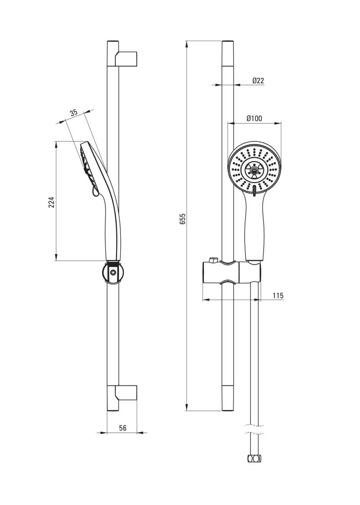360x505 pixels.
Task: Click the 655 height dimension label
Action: [x=182, y=219]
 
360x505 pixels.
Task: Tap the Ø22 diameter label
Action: [x=258, y=81]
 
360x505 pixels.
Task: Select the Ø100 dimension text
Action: [x=254, y=119]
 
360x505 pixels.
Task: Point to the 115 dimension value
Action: [x=277, y=296]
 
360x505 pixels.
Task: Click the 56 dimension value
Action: [x=123, y=428]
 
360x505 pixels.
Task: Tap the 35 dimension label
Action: [x=74, y=112]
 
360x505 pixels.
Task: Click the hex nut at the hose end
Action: [x=254, y=458]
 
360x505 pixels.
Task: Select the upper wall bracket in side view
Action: [x=126, y=58]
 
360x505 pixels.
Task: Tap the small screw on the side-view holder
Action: [x=112, y=273]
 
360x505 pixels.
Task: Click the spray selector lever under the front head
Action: [x=254, y=190]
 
